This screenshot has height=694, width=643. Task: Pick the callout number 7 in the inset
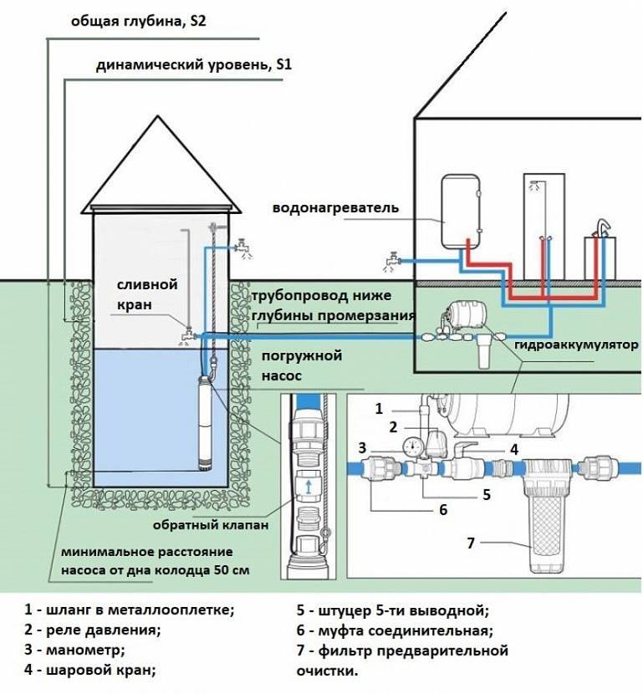[471, 543]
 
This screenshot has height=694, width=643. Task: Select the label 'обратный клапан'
[211, 525]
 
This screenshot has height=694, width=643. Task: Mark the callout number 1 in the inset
[379, 409]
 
